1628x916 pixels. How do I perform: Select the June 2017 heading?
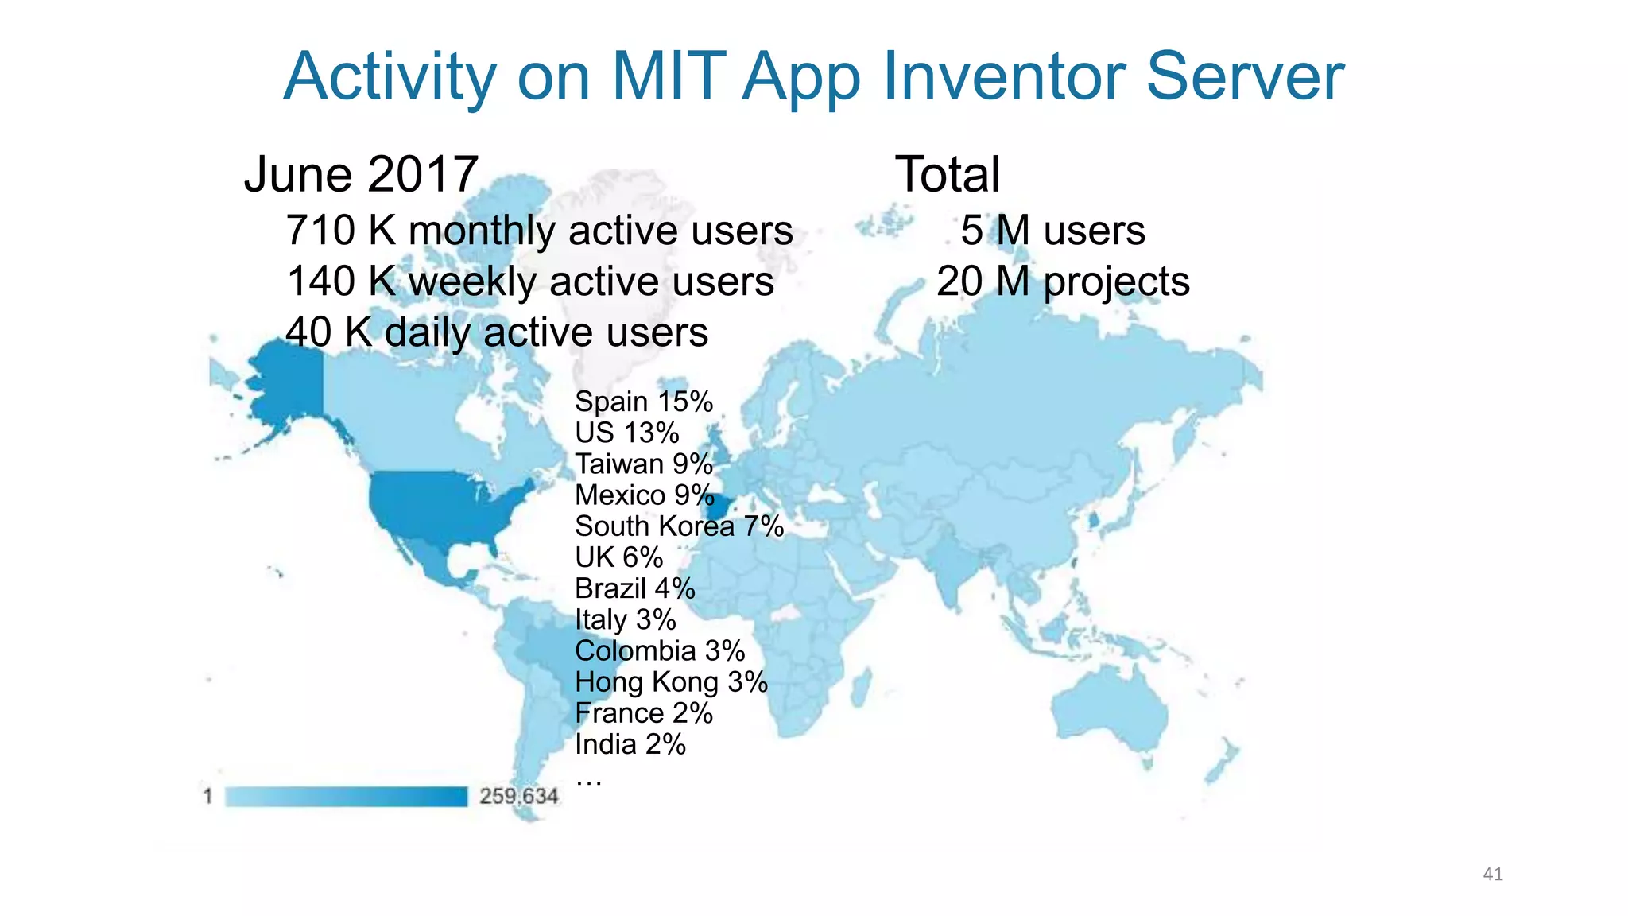361,174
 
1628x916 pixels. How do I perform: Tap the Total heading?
947,174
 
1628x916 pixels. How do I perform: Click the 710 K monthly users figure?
539,231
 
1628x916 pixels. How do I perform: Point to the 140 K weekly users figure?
530,281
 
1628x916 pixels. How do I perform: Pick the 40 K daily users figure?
497,332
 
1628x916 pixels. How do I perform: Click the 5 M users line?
1052,231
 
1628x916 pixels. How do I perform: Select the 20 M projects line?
1063,281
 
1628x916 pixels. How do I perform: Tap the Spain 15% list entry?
644,402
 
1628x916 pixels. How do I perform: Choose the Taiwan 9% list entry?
644,464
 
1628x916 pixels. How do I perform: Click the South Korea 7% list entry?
679,526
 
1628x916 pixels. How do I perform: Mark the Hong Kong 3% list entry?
671,682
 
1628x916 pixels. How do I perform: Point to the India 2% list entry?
630,744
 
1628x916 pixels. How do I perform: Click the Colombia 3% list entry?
660,651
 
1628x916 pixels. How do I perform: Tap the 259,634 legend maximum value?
519,796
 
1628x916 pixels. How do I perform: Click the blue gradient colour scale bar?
346,796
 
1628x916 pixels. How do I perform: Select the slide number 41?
1492,875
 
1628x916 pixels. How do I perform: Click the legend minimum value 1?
208,796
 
